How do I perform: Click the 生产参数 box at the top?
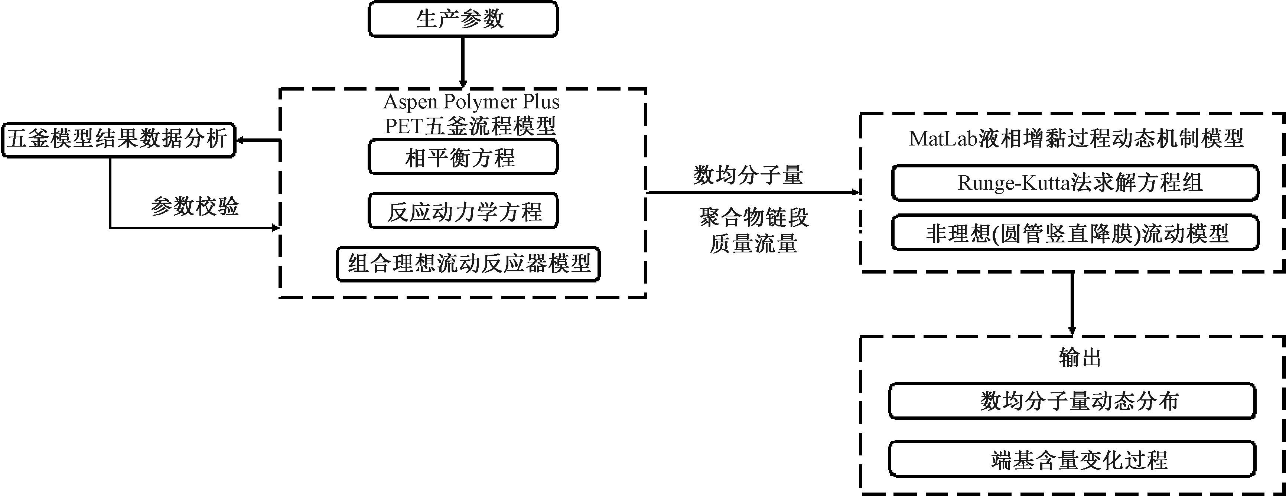(x=463, y=19)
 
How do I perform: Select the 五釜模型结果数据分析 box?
(x=118, y=140)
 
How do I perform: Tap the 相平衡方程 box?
(x=463, y=157)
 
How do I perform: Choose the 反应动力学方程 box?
(x=463, y=211)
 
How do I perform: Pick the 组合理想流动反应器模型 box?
(x=468, y=264)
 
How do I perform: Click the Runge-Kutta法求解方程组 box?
(x=1075, y=183)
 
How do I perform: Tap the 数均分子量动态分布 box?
(x=1072, y=401)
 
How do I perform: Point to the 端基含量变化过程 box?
(x=1072, y=459)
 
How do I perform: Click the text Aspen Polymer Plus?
(x=471, y=102)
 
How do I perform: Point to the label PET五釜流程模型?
(x=470, y=126)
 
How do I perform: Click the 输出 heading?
(x=1080, y=357)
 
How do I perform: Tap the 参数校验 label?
(x=195, y=206)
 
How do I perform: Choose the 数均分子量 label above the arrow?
(x=747, y=175)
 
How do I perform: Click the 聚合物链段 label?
(x=754, y=217)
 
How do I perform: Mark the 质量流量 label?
(x=754, y=244)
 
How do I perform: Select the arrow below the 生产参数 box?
(x=463, y=62)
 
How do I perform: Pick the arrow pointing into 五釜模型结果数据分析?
(x=257, y=141)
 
